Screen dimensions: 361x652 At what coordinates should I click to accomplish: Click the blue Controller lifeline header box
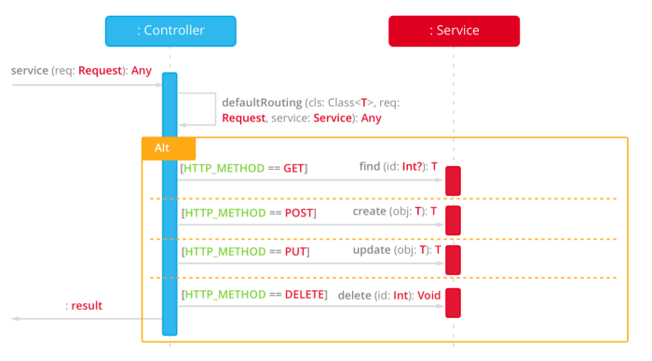(x=170, y=31)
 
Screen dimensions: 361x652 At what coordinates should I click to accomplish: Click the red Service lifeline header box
(x=454, y=31)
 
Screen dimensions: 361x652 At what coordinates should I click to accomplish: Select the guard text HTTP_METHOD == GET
(x=244, y=169)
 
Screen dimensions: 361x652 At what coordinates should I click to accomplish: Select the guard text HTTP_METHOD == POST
(x=249, y=214)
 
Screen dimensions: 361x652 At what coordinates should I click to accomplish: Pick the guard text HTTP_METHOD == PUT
(x=245, y=253)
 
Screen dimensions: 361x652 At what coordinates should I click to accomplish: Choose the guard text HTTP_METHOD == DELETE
(x=254, y=295)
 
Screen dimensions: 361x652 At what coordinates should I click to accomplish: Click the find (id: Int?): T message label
(x=398, y=166)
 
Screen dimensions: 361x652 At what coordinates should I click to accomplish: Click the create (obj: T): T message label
(x=396, y=211)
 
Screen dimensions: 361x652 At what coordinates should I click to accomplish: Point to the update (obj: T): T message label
(x=396, y=251)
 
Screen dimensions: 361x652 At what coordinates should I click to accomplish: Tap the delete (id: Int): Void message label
(x=389, y=295)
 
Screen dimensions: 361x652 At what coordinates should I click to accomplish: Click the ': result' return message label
(x=84, y=306)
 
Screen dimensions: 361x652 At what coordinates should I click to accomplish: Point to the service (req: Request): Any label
(x=81, y=71)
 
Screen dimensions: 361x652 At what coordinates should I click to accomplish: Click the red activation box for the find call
(x=453, y=181)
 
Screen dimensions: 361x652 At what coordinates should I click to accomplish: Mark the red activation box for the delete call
(x=453, y=302)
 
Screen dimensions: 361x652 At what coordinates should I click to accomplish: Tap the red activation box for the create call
(x=453, y=220)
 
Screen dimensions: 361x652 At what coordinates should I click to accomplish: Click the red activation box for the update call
(x=453, y=260)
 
